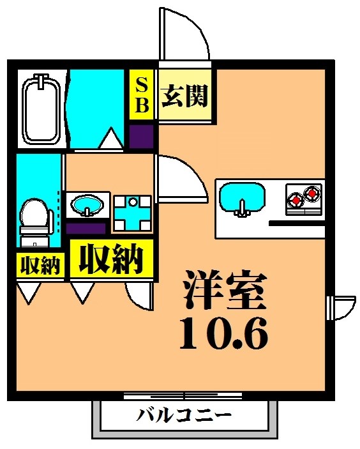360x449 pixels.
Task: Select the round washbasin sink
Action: [x=87, y=206]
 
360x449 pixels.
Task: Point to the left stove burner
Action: [x=296, y=201]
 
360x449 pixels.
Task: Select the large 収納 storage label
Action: [x=110, y=258]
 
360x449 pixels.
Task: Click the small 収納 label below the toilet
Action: [x=40, y=265]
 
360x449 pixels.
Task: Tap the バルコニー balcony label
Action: [x=184, y=416]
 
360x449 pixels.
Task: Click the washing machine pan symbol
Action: [x=133, y=213]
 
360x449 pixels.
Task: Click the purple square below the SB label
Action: [x=142, y=136]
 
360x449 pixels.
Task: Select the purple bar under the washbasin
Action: [x=86, y=227]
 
